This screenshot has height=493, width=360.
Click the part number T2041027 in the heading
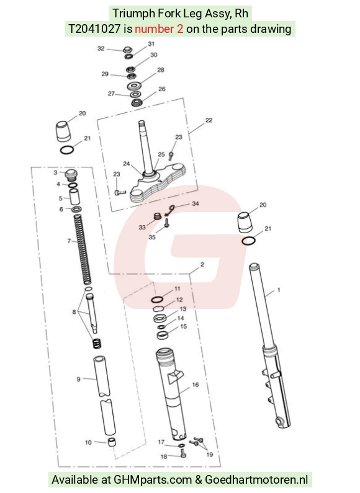[94, 29]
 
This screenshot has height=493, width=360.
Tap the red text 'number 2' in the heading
[159, 29]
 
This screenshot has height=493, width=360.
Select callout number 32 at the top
[101, 48]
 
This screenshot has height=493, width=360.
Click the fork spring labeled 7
[83, 249]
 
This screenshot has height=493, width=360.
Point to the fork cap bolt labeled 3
[71, 174]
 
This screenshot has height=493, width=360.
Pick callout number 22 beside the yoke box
[209, 120]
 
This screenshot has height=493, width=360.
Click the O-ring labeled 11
[157, 299]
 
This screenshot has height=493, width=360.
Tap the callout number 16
[196, 384]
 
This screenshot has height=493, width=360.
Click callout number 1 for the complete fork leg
[279, 290]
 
